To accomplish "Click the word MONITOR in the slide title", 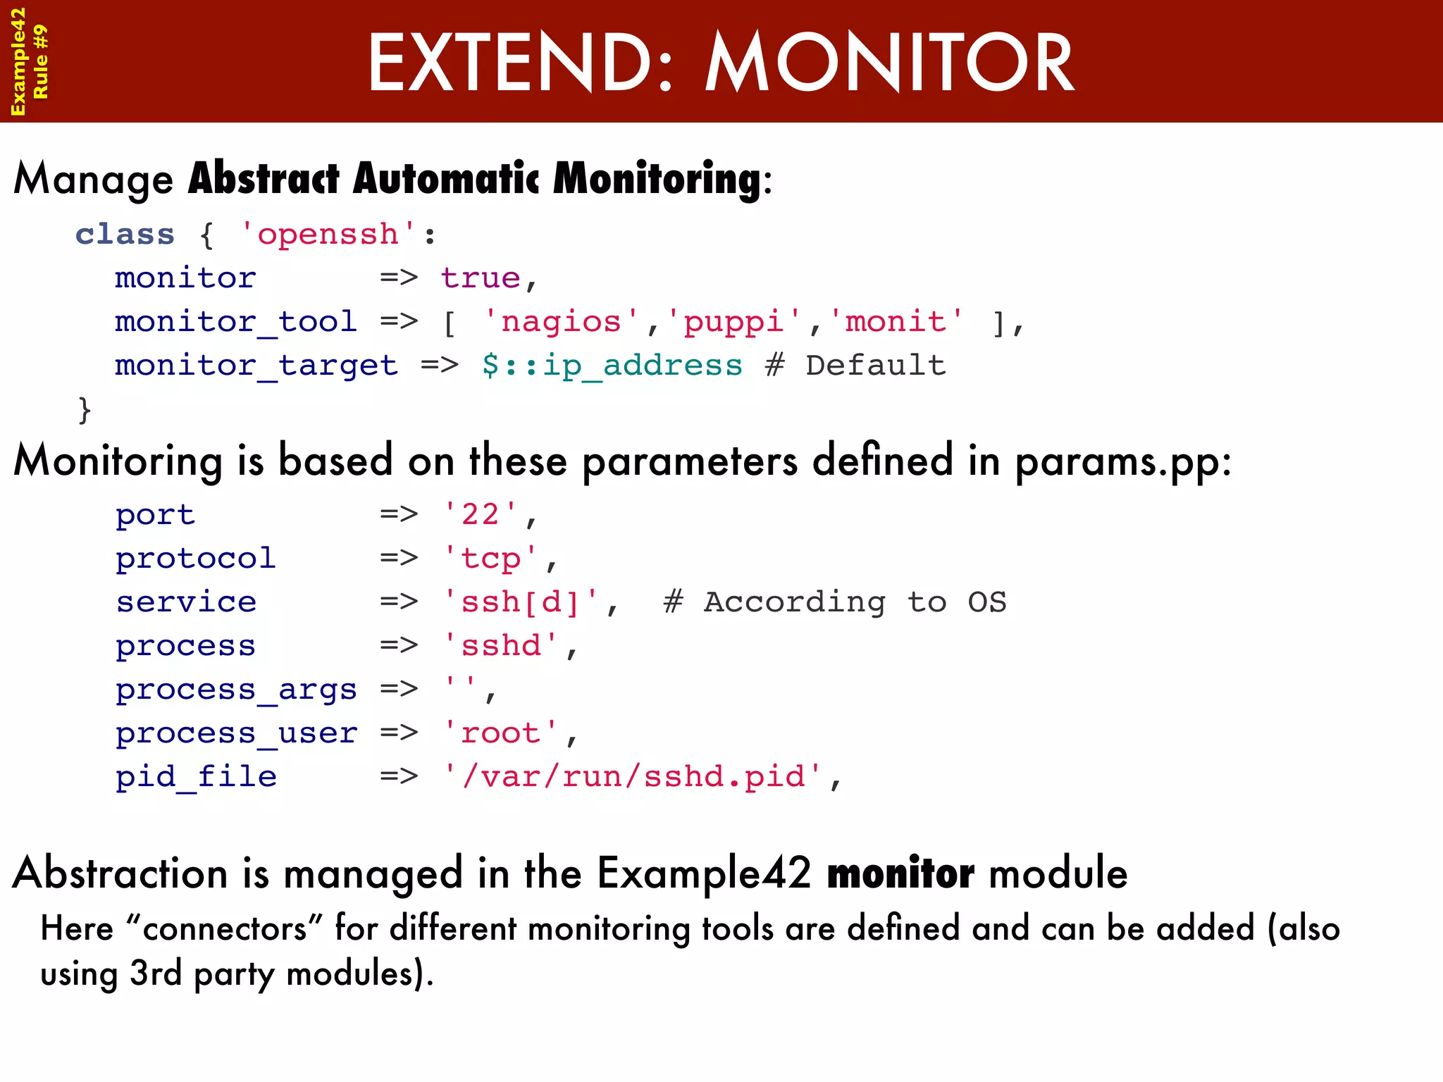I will pos(889,63).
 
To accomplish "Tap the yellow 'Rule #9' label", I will pos(41,62).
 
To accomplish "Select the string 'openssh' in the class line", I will pos(328,234).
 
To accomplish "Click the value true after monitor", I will pos(481,278).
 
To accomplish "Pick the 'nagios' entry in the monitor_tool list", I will pos(561,322).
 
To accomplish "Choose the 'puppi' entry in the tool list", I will pos(733,322).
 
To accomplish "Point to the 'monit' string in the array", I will pos(896,322).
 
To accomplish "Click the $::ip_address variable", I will pos(612,366).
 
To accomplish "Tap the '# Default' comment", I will pos(855,366).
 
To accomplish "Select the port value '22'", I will pos(480,514).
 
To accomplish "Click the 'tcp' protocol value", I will pos(490,559).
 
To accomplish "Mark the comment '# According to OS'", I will pos(835,602).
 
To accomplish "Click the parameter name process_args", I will pos(236,690).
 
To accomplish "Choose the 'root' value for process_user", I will pos(500,733).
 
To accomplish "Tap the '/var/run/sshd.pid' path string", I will pos(633,777).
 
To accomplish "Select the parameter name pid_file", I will pos(196,777).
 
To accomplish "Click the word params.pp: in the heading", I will pos(1122,463).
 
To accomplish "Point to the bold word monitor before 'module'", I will pos(900,873).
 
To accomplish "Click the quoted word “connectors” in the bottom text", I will pos(224,928).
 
